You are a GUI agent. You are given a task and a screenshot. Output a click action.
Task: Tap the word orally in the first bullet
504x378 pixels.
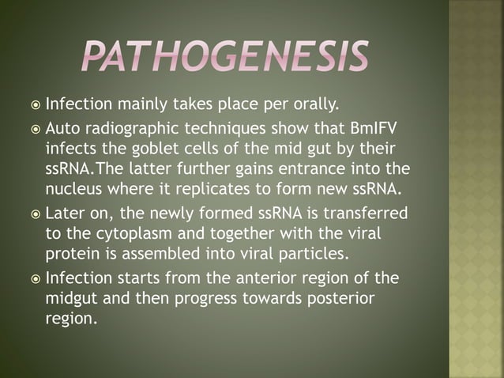point(291,104)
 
